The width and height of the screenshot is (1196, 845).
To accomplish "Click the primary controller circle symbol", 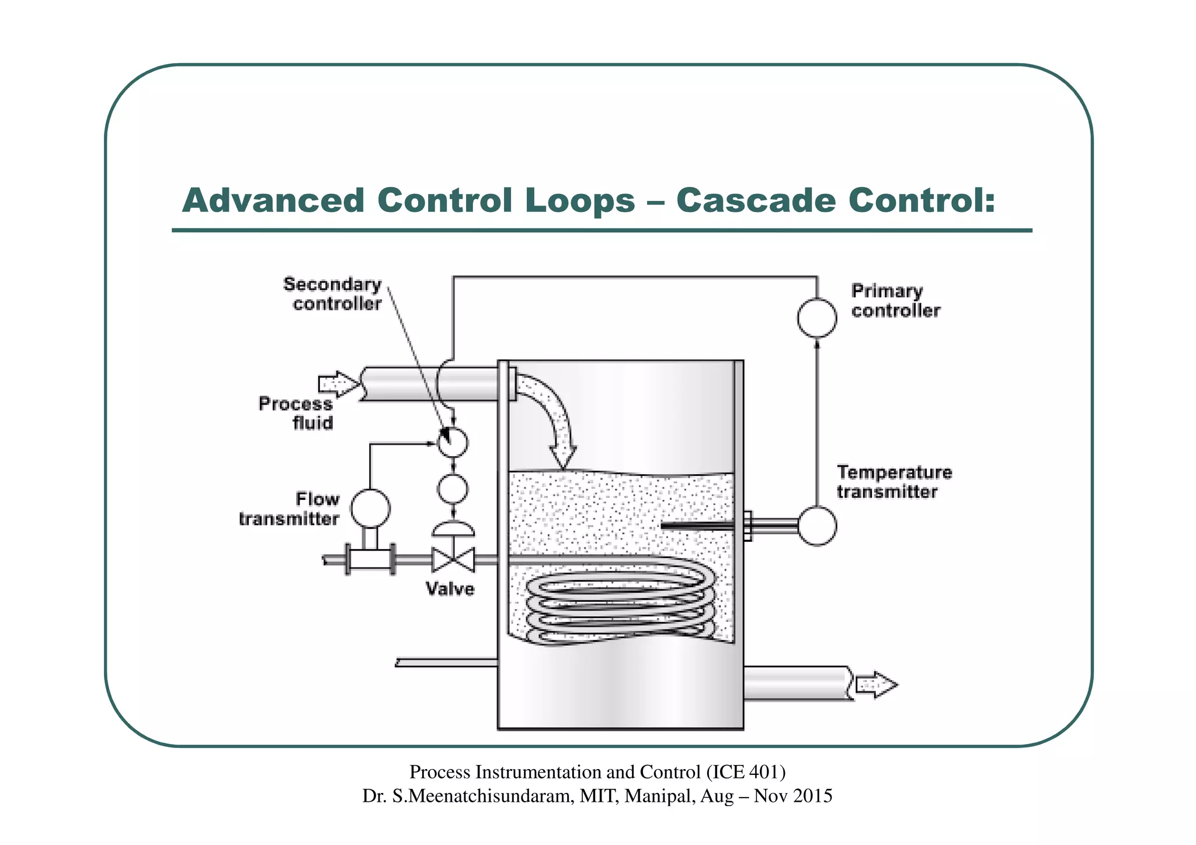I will click(x=816, y=318).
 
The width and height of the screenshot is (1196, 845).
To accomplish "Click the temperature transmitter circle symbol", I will click(x=816, y=526).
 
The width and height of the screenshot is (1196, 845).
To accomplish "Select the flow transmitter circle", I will click(x=370, y=508).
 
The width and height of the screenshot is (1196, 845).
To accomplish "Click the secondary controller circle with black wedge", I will click(x=453, y=442).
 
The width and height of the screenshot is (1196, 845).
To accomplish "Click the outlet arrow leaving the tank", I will click(x=876, y=684).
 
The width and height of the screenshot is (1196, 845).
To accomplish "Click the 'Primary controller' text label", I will click(x=895, y=300).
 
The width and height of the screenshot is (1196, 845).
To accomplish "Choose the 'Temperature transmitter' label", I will click(x=893, y=482).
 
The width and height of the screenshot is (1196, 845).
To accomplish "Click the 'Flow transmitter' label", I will click(x=290, y=509).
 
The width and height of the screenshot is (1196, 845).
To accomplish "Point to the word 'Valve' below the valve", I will click(x=450, y=589).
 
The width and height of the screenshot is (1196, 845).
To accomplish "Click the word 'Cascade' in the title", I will click(x=756, y=200).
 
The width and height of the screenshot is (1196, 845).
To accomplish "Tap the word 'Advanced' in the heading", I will click(x=273, y=200).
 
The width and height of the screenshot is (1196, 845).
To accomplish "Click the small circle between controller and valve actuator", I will click(x=453, y=489).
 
